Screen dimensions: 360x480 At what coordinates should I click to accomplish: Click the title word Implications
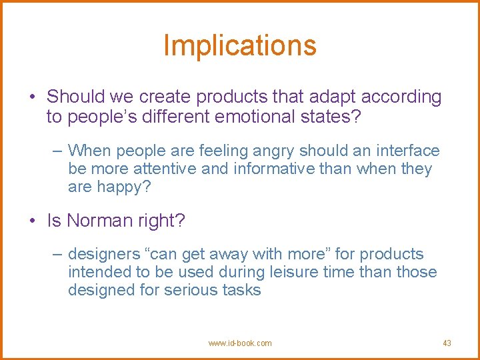(239, 45)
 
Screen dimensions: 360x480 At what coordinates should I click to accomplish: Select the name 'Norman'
(99, 221)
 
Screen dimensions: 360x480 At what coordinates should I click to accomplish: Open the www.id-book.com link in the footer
(239, 343)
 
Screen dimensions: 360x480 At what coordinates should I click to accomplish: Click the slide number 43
(447, 343)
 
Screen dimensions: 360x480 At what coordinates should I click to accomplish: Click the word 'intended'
(99, 272)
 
